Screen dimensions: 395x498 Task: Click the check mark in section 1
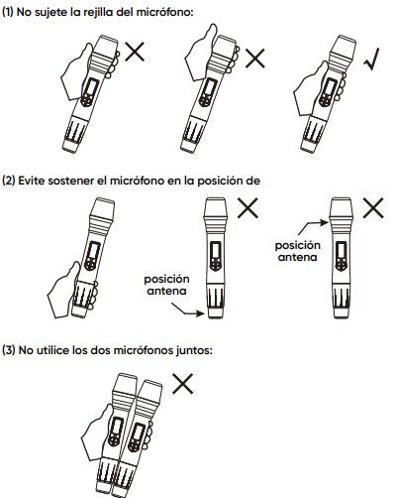click(x=371, y=61)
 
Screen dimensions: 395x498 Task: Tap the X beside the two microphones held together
click(x=183, y=384)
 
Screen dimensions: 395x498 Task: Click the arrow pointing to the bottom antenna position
click(x=188, y=311)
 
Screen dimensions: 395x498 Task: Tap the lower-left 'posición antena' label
click(x=166, y=285)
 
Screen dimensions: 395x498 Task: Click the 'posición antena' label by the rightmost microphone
click(x=298, y=251)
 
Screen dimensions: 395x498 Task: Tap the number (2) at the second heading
click(x=9, y=181)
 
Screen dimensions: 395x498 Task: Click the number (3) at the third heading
click(x=9, y=350)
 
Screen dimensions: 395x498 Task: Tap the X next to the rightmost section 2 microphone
click(x=373, y=208)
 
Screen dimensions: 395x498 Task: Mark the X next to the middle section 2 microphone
click(x=247, y=208)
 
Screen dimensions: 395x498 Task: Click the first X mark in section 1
click(x=135, y=52)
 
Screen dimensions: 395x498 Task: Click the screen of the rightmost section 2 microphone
click(x=341, y=251)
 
